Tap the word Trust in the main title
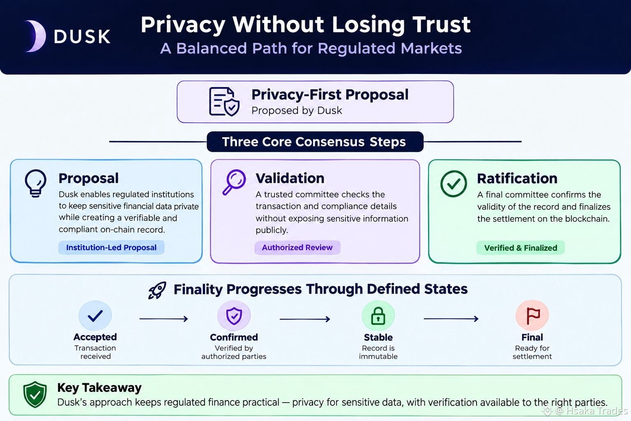pos(442,25)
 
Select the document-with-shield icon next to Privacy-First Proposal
pos(224,102)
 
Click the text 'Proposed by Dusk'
pos(297,111)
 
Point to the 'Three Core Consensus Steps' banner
pos(315,141)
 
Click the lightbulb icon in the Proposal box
pos(35,183)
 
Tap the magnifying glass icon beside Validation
pos(234,182)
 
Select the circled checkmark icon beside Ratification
pos(454,183)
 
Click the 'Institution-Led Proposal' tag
pos(111,248)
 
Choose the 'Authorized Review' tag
pos(297,248)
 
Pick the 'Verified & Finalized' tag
pos(520,248)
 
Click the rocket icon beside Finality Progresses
pos(157,290)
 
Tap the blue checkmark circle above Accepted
pos(95,315)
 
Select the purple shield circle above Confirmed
pos(234,315)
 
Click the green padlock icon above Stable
pos(378,316)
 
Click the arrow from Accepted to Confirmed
pos(164,319)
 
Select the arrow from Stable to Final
pos(451,319)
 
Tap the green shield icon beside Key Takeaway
pos(35,395)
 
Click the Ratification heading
pos(517,178)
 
